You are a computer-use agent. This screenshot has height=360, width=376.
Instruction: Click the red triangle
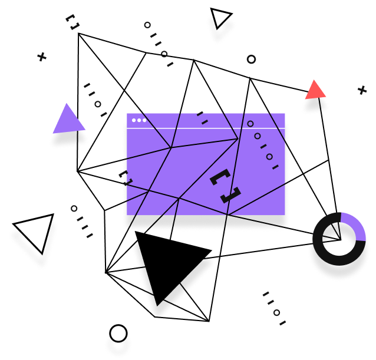coord(315,91)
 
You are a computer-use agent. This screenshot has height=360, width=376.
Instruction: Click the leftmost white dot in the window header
coord(134,120)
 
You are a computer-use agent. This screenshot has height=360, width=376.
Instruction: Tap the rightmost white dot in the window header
coord(144,120)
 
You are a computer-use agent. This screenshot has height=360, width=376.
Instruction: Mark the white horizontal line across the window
coord(206,128)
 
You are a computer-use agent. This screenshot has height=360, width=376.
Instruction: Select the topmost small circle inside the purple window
coord(250,124)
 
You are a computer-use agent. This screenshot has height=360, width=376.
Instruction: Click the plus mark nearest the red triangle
coord(362,90)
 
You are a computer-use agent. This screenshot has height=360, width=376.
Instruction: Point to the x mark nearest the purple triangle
coord(42,57)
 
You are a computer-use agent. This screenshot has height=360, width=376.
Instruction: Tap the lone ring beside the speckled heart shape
coord(251,59)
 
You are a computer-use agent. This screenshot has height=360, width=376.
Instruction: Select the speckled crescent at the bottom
coord(118,345)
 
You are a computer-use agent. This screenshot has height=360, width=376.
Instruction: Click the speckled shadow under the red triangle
coord(315,106)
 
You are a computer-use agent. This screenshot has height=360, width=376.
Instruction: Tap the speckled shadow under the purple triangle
coord(69,139)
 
